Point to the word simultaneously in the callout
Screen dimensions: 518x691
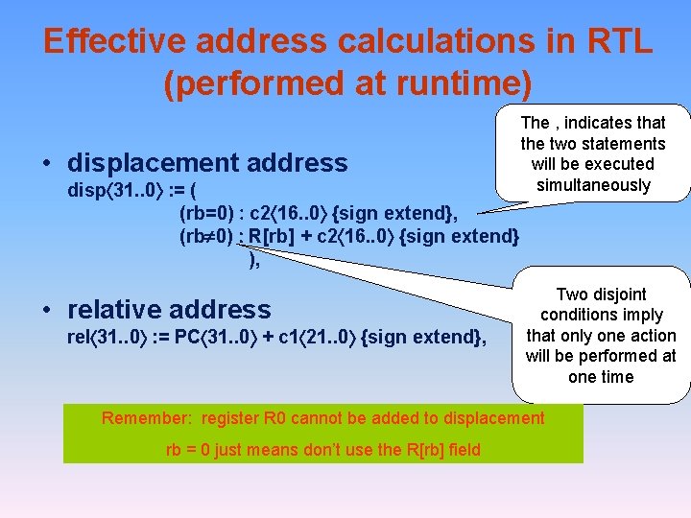(593, 185)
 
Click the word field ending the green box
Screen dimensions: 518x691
(462, 449)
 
